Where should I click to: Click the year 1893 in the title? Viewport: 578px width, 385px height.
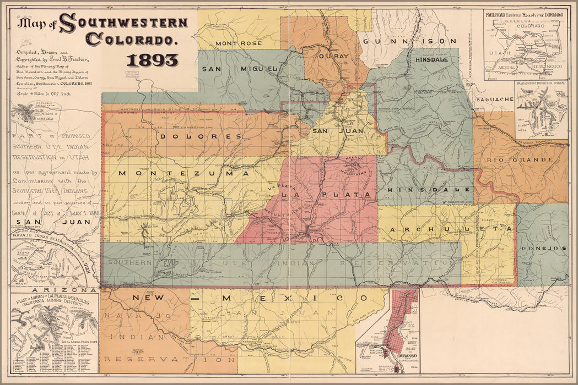pos(152,60)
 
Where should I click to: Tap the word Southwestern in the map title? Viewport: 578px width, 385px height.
pos(123,23)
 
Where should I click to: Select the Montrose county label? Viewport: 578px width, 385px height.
pos(238,43)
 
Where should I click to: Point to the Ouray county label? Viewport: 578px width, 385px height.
pos(333,56)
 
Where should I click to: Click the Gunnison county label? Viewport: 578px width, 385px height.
pos(409,41)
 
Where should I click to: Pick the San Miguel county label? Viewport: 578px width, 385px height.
pos(239,69)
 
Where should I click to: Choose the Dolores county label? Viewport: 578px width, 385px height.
pos(200,136)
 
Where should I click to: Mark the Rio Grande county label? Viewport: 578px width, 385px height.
pos(520,160)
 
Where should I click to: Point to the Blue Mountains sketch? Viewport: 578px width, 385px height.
pos(25,113)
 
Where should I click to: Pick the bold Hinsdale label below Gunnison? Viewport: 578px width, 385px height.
pos(433,59)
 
